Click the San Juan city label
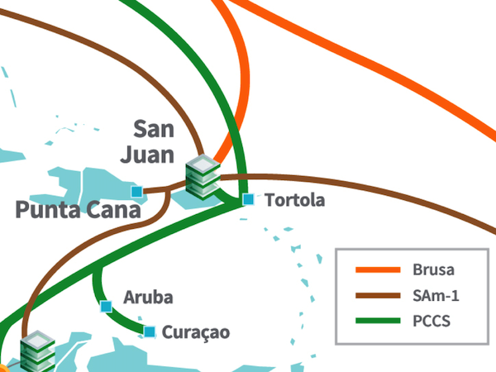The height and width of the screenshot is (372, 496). click(x=155, y=141)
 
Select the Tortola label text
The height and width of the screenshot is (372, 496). click(x=295, y=200)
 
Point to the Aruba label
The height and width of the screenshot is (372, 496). click(x=149, y=296)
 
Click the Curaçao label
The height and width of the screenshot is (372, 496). click(x=196, y=332)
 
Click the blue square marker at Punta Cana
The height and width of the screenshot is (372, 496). click(x=137, y=192)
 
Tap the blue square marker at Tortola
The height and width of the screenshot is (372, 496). click(x=248, y=199)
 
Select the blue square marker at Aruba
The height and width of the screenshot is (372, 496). click(x=106, y=307)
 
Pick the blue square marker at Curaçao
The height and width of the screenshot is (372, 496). click(x=150, y=332)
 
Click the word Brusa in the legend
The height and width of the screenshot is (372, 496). click(x=433, y=269)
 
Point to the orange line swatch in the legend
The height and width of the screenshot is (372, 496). click(x=377, y=269)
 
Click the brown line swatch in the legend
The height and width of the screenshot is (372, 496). click(x=377, y=295)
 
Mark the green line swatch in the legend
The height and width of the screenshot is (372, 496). click(x=377, y=321)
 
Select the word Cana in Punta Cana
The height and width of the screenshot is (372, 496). click(x=117, y=209)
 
